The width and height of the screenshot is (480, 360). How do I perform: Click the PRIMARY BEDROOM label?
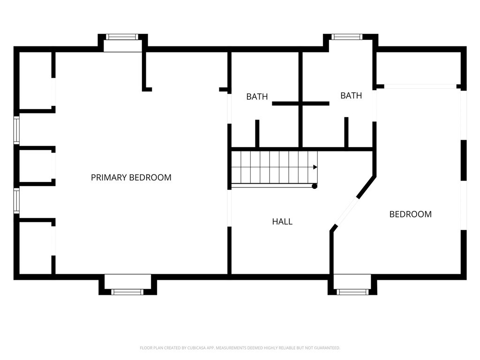pos(131,178)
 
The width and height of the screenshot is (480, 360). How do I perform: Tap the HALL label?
pos(282,222)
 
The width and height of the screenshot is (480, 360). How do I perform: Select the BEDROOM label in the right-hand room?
pos(411,214)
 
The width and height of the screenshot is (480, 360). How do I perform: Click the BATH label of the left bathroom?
pos(257,97)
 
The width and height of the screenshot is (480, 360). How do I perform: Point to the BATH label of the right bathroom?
pos(351,96)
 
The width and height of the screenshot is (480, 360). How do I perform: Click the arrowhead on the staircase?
pos(315,167)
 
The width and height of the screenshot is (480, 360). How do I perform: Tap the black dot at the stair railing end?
pos(315,186)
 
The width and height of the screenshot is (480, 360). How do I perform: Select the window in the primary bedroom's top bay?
pos(122,37)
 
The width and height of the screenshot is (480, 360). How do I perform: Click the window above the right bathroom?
pos(347,37)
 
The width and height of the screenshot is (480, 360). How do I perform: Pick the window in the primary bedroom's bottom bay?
pos(127,292)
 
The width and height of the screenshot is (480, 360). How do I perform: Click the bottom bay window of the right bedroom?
pos(352,292)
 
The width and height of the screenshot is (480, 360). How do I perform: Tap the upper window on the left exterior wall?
pos(16,130)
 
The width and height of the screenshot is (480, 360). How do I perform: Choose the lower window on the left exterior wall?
pos(16,201)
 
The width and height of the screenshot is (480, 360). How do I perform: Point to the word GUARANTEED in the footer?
pos(328,348)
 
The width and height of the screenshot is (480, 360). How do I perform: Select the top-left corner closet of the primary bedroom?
pos(36,80)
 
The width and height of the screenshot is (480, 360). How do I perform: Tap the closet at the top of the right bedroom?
pos(419,68)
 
